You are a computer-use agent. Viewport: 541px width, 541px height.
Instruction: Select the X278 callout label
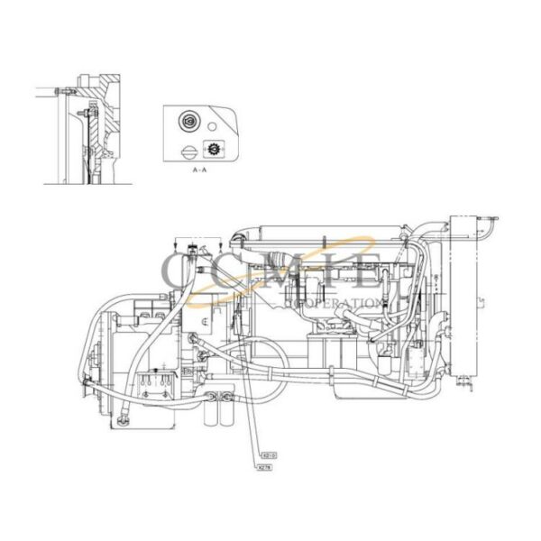(x=265, y=469)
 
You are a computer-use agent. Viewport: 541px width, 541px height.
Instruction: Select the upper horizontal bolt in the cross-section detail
(x=61, y=92)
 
